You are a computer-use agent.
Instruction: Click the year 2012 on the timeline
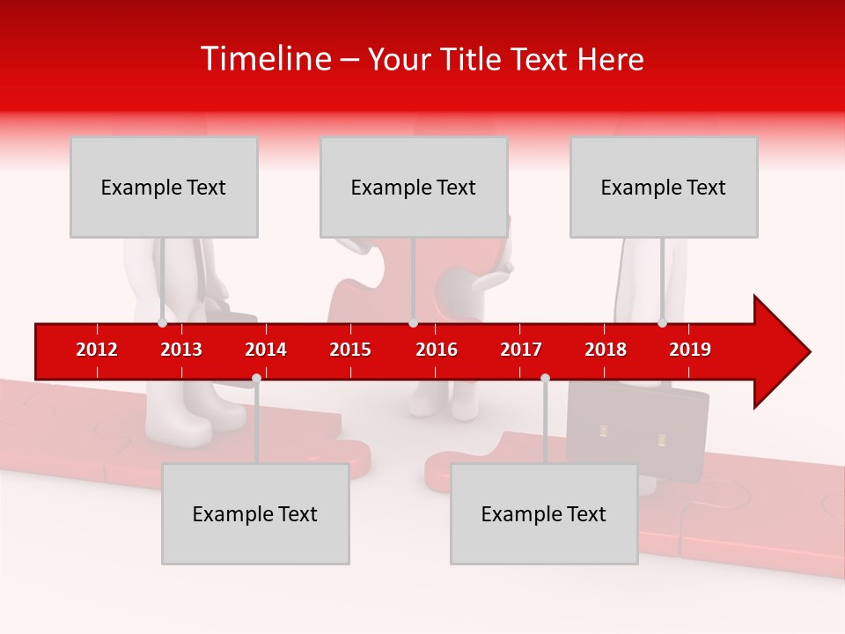tap(97, 350)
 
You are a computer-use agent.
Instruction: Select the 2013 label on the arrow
tap(181, 350)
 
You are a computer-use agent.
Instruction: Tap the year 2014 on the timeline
tap(266, 350)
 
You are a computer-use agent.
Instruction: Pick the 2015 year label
tap(350, 350)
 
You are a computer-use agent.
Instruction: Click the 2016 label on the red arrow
tap(437, 350)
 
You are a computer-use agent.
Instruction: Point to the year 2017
tap(521, 350)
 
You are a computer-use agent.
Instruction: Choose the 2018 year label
tap(606, 350)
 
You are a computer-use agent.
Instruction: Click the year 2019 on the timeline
tap(690, 350)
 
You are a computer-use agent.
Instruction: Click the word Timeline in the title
tap(265, 59)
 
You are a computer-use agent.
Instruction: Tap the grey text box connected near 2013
tap(164, 187)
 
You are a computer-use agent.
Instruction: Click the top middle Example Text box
tap(414, 187)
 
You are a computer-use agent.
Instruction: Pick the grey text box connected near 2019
tap(664, 187)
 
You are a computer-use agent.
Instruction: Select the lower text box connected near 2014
tap(255, 513)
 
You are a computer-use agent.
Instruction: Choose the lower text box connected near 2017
tap(544, 513)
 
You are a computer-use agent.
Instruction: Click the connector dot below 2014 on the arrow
tap(256, 379)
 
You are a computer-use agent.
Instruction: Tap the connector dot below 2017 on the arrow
tap(545, 379)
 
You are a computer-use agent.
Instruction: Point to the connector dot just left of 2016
tap(413, 323)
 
